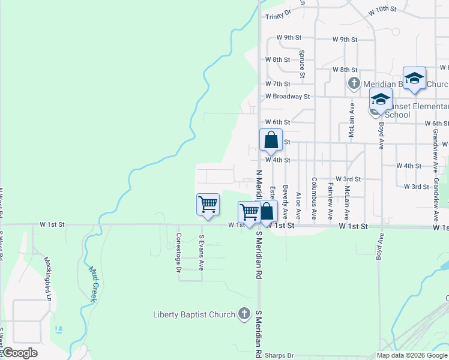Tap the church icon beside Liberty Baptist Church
(244, 314)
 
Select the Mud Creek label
(94, 284)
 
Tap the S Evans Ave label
(202, 252)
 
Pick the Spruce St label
(303, 64)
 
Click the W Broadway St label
(288, 96)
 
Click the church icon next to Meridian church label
(354, 83)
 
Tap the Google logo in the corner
(20, 353)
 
